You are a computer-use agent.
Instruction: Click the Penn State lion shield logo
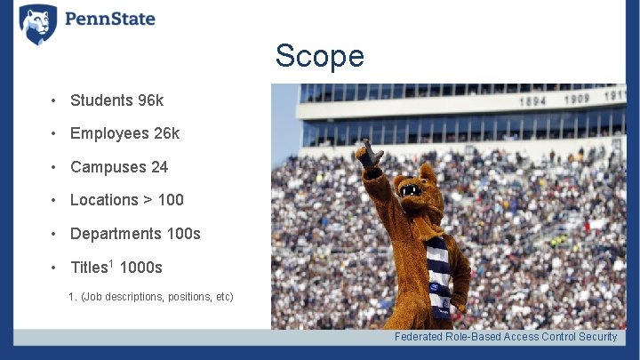click(x=37, y=24)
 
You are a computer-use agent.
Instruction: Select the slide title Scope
click(x=319, y=56)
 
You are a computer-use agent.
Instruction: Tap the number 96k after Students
click(x=150, y=100)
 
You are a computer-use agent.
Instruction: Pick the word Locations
click(x=104, y=200)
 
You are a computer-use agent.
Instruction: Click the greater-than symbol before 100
click(x=148, y=200)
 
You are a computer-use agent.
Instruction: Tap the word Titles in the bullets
click(x=88, y=268)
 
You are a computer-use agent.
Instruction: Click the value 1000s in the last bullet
click(x=140, y=268)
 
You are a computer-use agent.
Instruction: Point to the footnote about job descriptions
click(x=151, y=296)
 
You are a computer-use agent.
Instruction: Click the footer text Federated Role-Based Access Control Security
click(x=505, y=337)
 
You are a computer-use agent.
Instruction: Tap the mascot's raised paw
click(x=369, y=156)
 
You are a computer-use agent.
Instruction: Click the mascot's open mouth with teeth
click(x=410, y=189)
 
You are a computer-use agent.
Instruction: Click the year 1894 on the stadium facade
click(x=533, y=102)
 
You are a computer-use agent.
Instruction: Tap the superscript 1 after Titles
click(x=111, y=263)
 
